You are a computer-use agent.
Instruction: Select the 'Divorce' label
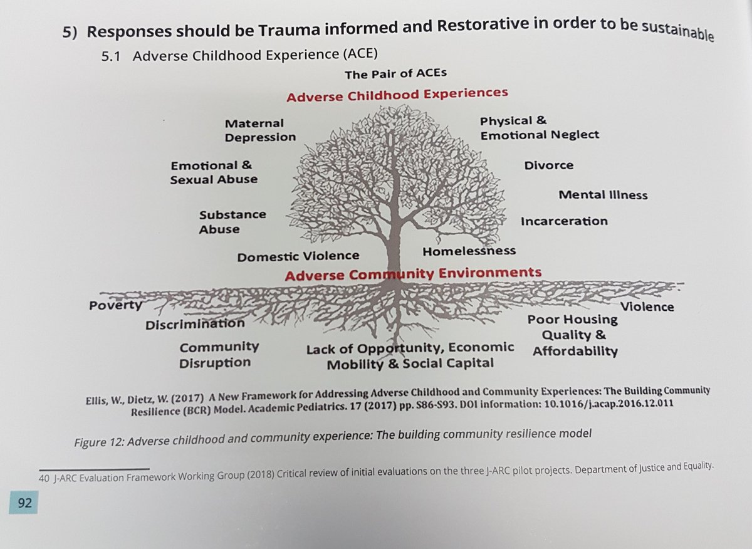coord(548,165)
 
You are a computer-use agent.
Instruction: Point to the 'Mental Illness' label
coord(603,195)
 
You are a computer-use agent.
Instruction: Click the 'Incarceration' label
coord(563,221)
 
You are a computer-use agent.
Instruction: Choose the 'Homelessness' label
coord(469,251)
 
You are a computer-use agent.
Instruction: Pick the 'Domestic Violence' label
coord(298,256)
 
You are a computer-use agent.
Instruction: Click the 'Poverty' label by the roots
coord(116,305)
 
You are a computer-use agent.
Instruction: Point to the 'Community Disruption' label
coord(219,354)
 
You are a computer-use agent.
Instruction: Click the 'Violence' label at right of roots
coord(647,306)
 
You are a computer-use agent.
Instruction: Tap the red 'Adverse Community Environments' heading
coord(413,273)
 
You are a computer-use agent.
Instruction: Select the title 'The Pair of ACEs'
coord(395,74)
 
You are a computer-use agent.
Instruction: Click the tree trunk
coord(395,251)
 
